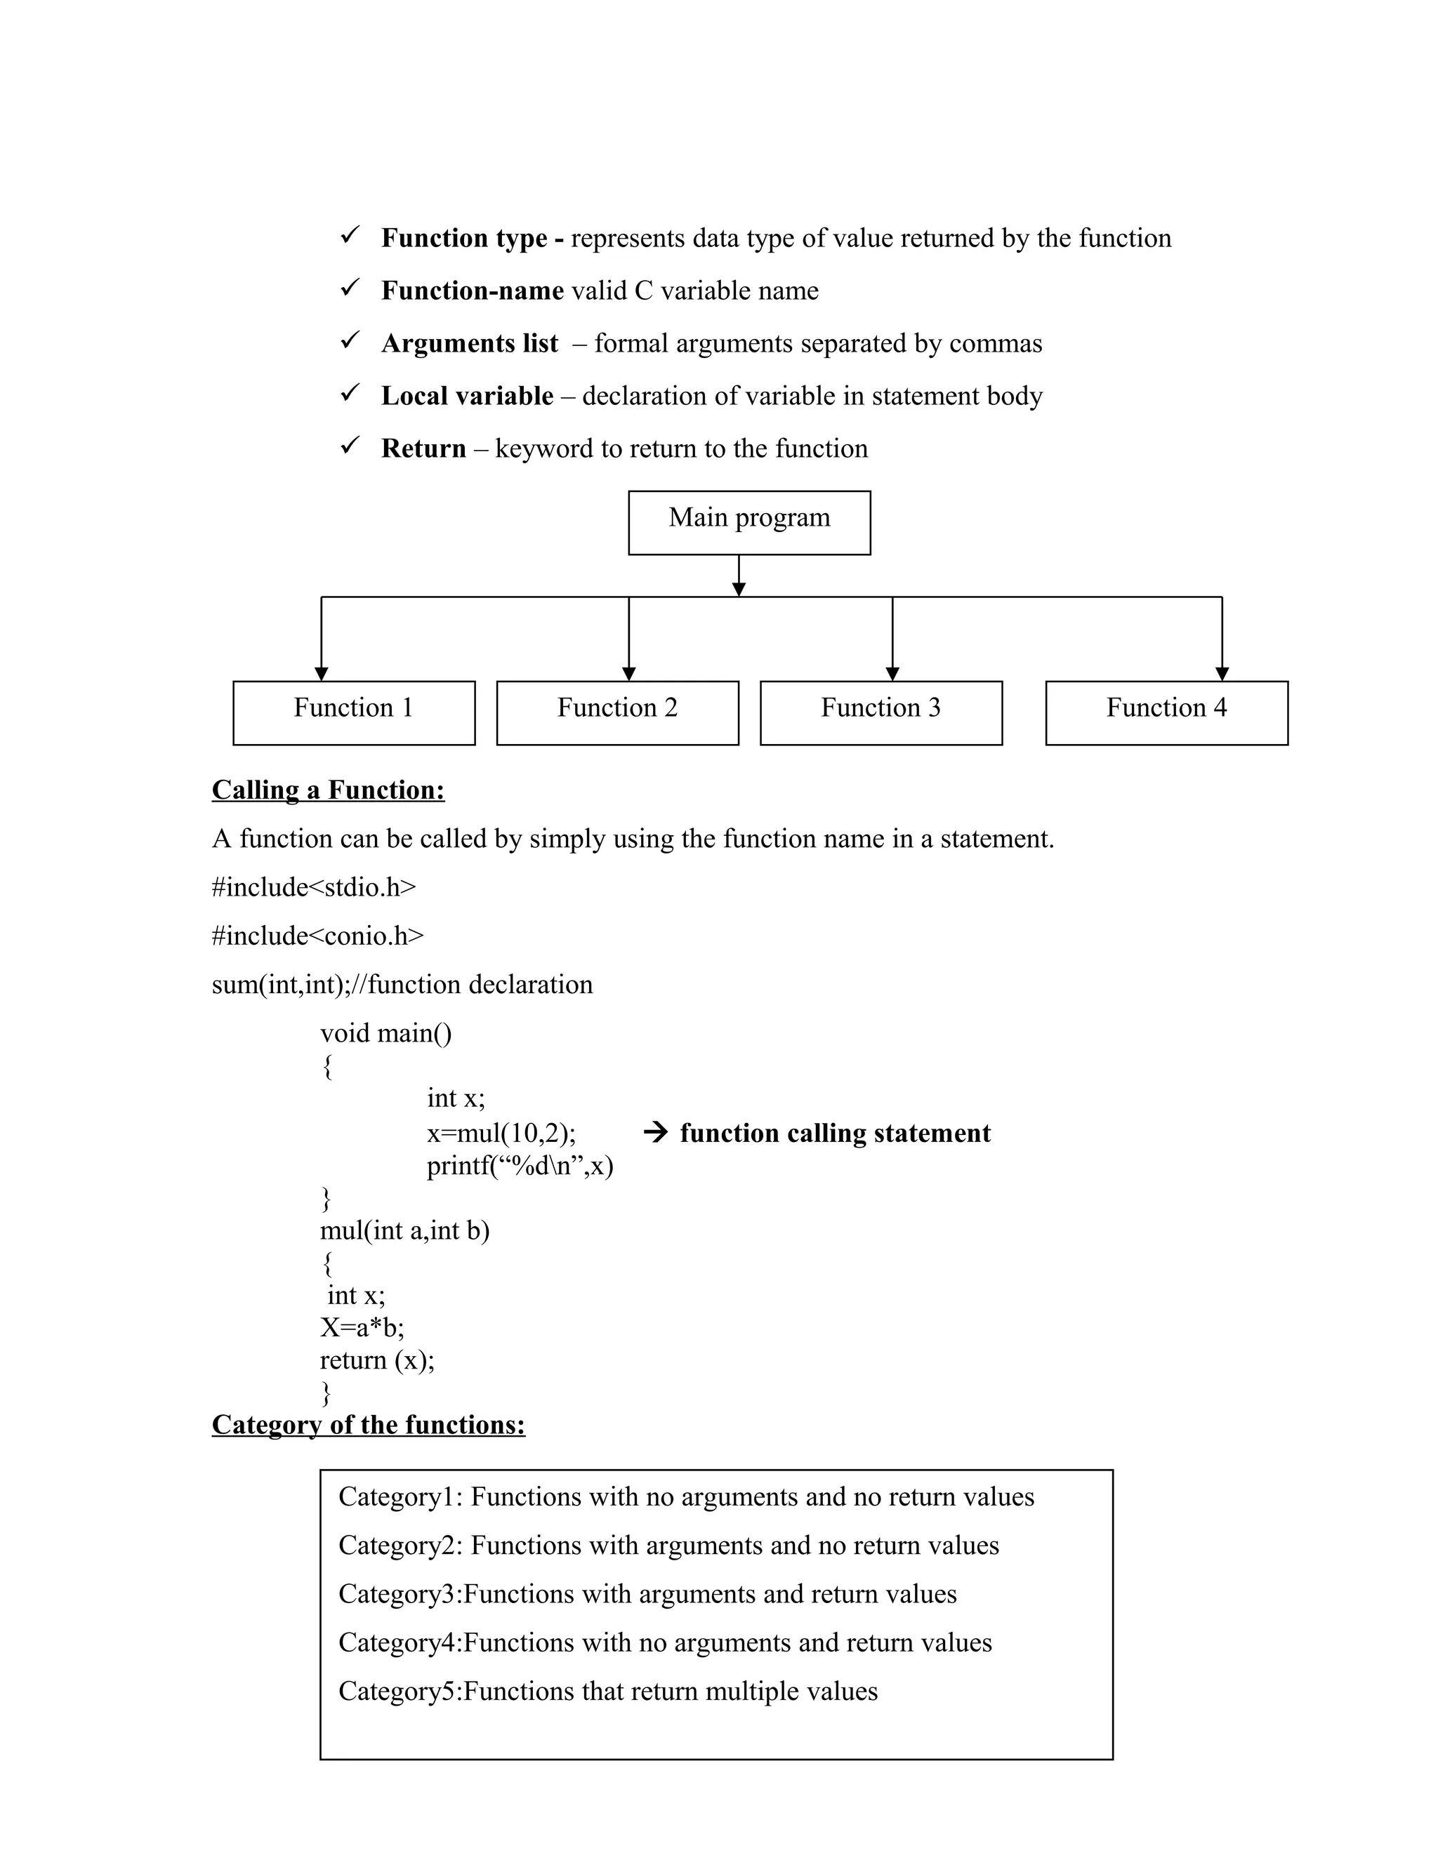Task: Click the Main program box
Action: pos(748,522)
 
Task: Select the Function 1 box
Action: pos(354,712)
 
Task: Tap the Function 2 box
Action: pos(616,712)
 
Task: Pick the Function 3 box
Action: pos(881,712)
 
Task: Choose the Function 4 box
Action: pos(1166,712)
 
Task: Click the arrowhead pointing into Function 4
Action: pos(1222,674)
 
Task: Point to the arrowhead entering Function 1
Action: pos(321,674)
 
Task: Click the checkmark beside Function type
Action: pos(350,235)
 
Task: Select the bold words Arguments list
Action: pos(470,343)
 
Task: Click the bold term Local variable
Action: pos(467,396)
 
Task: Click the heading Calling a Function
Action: pos(328,790)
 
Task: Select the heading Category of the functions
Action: pos(368,1425)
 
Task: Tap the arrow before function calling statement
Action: pos(655,1133)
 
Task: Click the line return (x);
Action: pos(376,1360)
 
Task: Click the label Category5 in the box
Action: pos(398,1691)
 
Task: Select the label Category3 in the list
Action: pos(398,1593)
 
